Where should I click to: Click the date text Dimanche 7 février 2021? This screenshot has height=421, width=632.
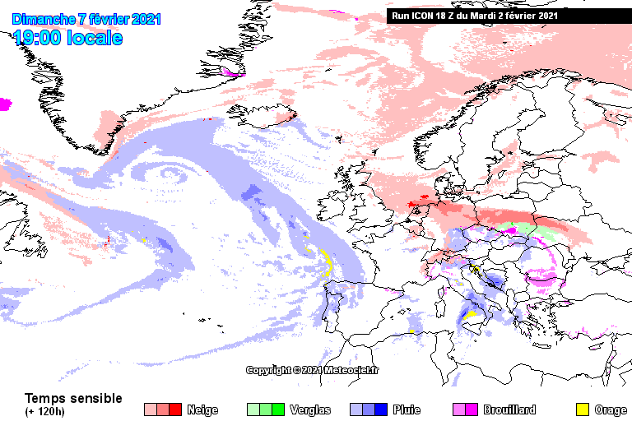[86, 20]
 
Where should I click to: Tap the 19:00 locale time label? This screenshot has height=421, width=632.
[68, 38]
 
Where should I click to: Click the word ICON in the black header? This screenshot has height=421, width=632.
[423, 16]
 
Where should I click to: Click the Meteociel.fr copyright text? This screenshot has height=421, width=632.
[313, 370]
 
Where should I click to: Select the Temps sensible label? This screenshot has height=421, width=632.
[73, 399]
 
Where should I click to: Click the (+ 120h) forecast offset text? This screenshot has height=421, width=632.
[44, 412]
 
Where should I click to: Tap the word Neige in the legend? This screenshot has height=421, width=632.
[202, 410]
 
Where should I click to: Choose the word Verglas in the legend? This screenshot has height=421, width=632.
[310, 410]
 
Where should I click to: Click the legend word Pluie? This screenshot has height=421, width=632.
[407, 410]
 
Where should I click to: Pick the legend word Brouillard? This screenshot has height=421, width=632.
[510, 410]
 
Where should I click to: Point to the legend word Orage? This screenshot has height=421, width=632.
[611, 410]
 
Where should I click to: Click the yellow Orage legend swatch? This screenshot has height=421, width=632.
[583, 409]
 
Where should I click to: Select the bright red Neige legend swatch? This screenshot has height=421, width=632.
[175, 409]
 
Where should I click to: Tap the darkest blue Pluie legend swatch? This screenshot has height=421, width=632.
[381, 409]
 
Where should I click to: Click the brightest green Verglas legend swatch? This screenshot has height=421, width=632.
[278, 409]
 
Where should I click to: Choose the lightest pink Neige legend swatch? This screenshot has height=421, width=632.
[151, 409]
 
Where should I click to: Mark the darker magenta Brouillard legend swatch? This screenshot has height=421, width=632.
[472, 409]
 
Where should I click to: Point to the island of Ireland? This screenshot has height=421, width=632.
[332, 207]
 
